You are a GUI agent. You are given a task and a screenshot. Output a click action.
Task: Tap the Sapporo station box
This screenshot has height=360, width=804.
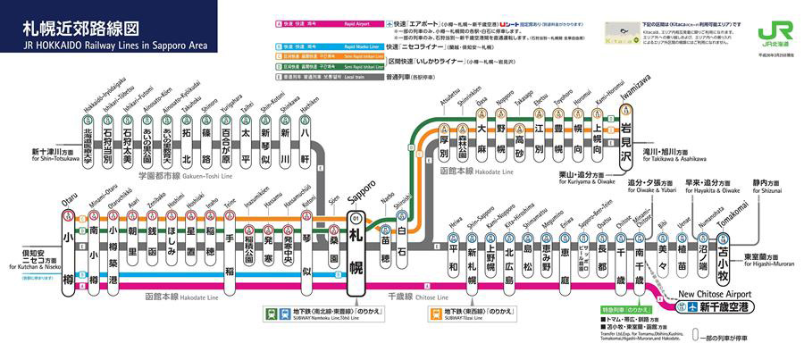(357, 252)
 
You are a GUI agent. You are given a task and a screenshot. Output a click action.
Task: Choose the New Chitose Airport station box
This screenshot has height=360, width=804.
(721, 307)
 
